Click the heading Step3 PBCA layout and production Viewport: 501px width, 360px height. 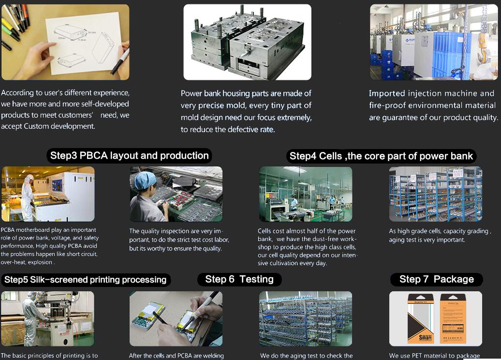pyautogui.click(x=129, y=156)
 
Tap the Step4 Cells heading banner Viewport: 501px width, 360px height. pyautogui.click(x=382, y=156)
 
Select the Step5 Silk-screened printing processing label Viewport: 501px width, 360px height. pyautogui.click(x=85, y=280)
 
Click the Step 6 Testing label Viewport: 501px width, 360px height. pyautogui.click(x=239, y=279)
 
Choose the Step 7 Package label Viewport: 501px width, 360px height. pyautogui.click(x=436, y=279)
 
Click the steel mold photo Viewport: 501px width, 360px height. pyautogui.click(x=247, y=42)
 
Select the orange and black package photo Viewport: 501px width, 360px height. pyautogui.click(x=435, y=318)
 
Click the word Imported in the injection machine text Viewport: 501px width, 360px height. pyautogui.click(x=387, y=93)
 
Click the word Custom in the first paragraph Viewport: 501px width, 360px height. pyautogui.click(x=37, y=126)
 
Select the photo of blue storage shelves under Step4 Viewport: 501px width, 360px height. pyautogui.click(x=435, y=194)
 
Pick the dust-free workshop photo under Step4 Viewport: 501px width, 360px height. pyautogui.click(x=305, y=194)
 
